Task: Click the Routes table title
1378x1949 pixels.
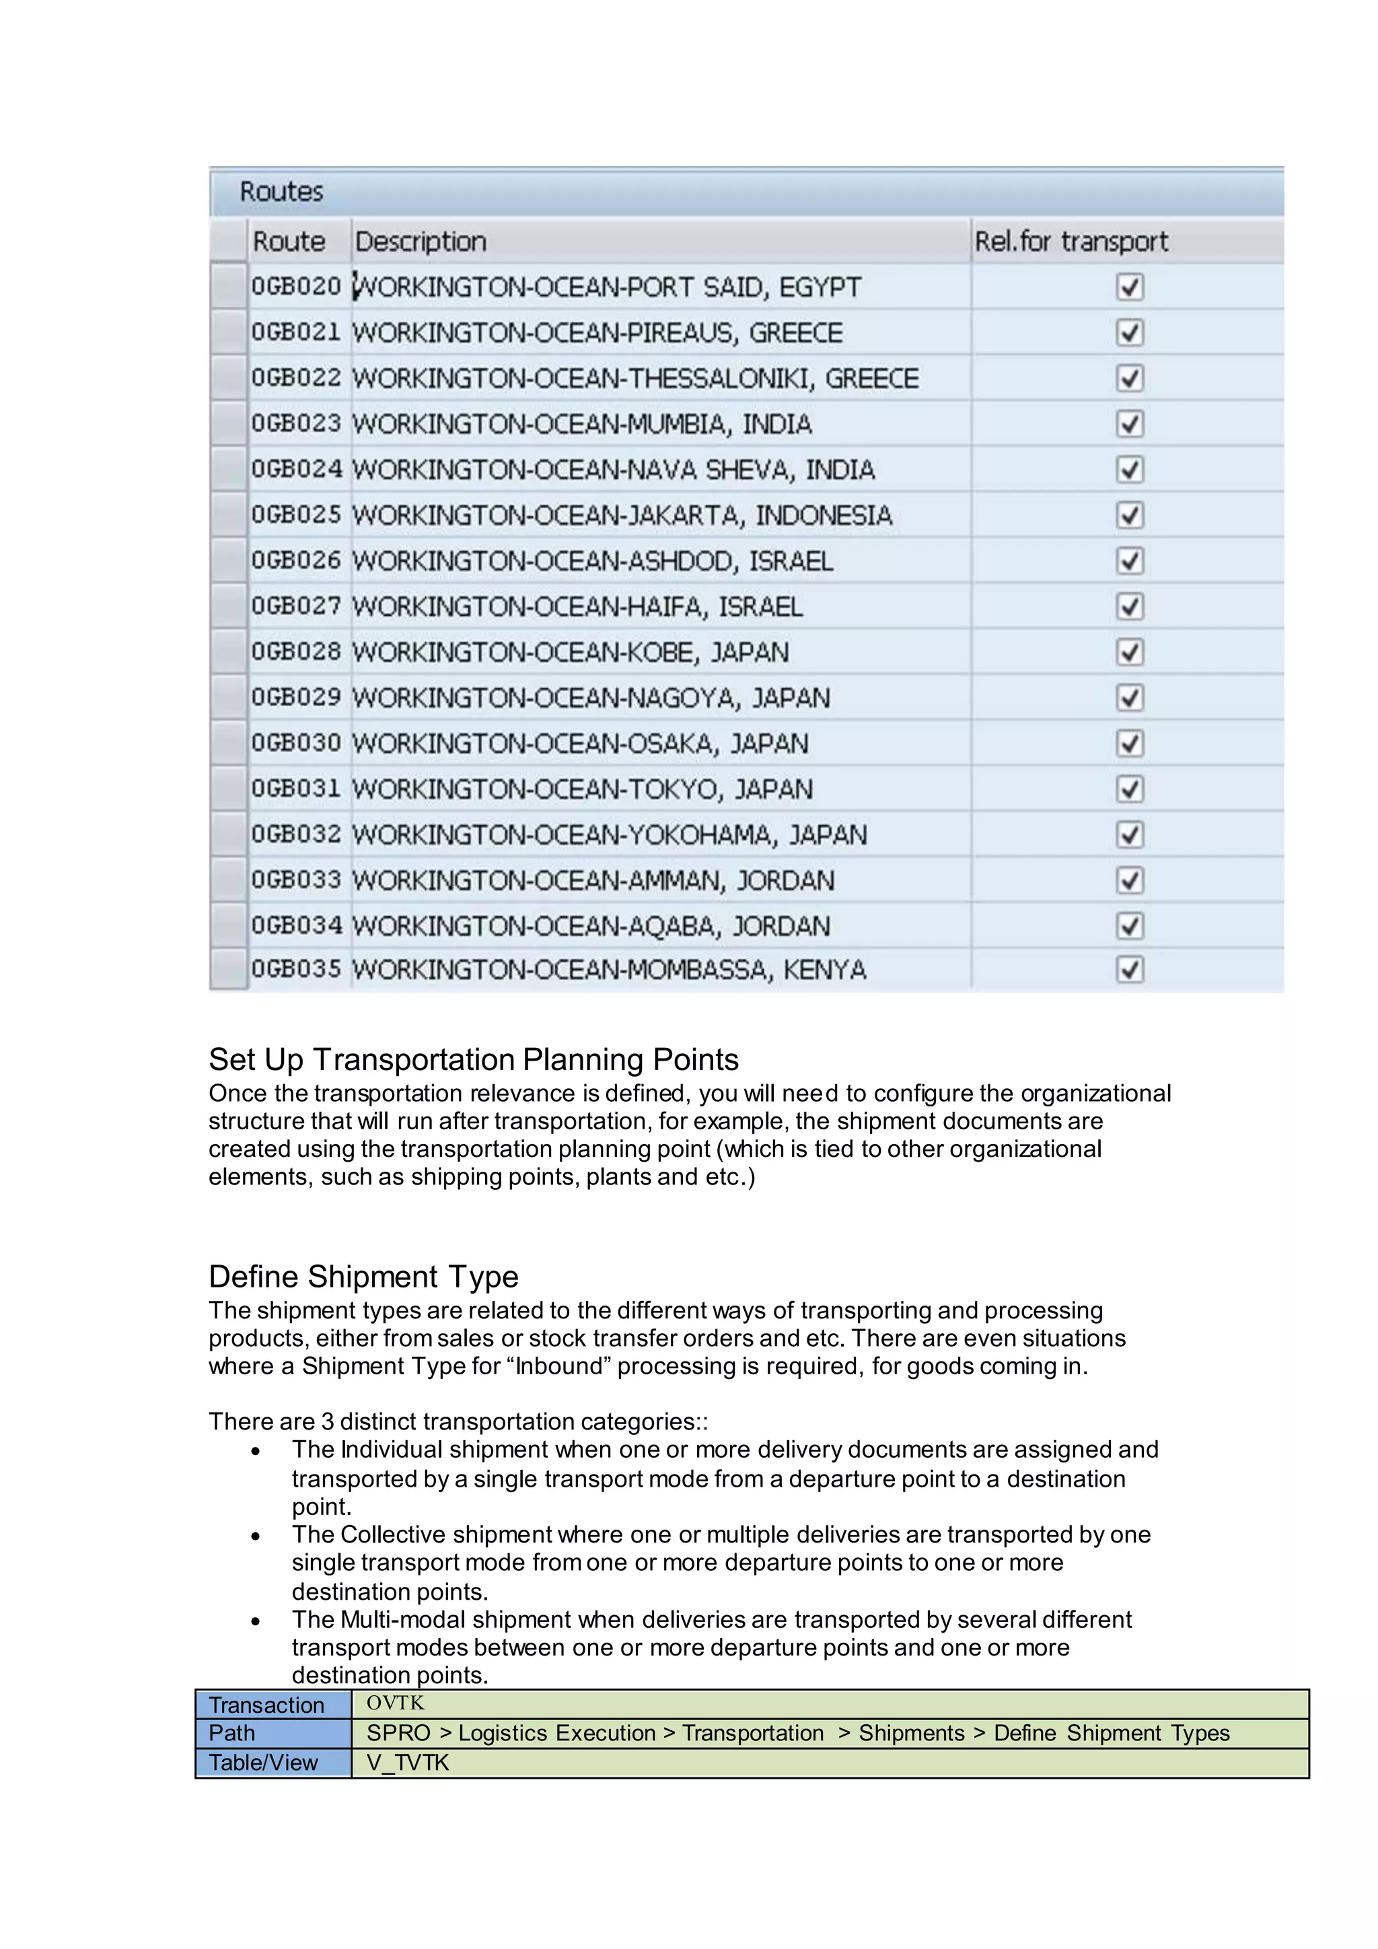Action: pos(281,192)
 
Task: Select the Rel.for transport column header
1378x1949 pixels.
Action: pos(1071,242)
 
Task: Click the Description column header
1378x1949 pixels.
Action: pos(421,242)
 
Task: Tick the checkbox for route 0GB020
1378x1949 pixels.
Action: pos(1130,288)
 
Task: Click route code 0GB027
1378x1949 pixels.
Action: pos(295,607)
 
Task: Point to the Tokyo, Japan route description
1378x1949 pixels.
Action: pos(582,789)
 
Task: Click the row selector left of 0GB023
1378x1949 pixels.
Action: pos(228,423)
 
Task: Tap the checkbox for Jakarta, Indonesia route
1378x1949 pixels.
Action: pos(1130,516)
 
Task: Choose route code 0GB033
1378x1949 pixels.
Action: pos(295,880)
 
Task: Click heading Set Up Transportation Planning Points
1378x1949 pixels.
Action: pos(474,1060)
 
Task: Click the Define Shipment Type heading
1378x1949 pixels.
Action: pos(363,1277)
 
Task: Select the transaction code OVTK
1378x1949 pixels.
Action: pos(396,1703)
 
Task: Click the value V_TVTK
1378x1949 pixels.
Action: pos(407,1763)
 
